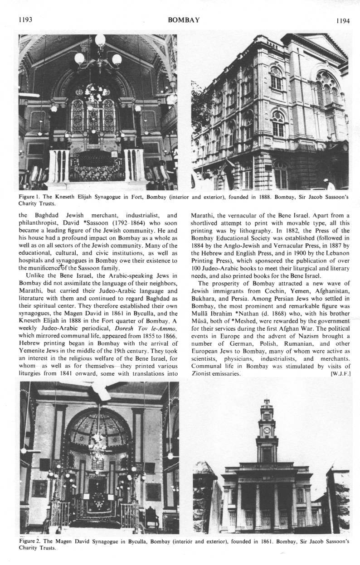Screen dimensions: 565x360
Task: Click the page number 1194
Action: (341, 21)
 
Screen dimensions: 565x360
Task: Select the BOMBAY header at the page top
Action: (183, 20)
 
